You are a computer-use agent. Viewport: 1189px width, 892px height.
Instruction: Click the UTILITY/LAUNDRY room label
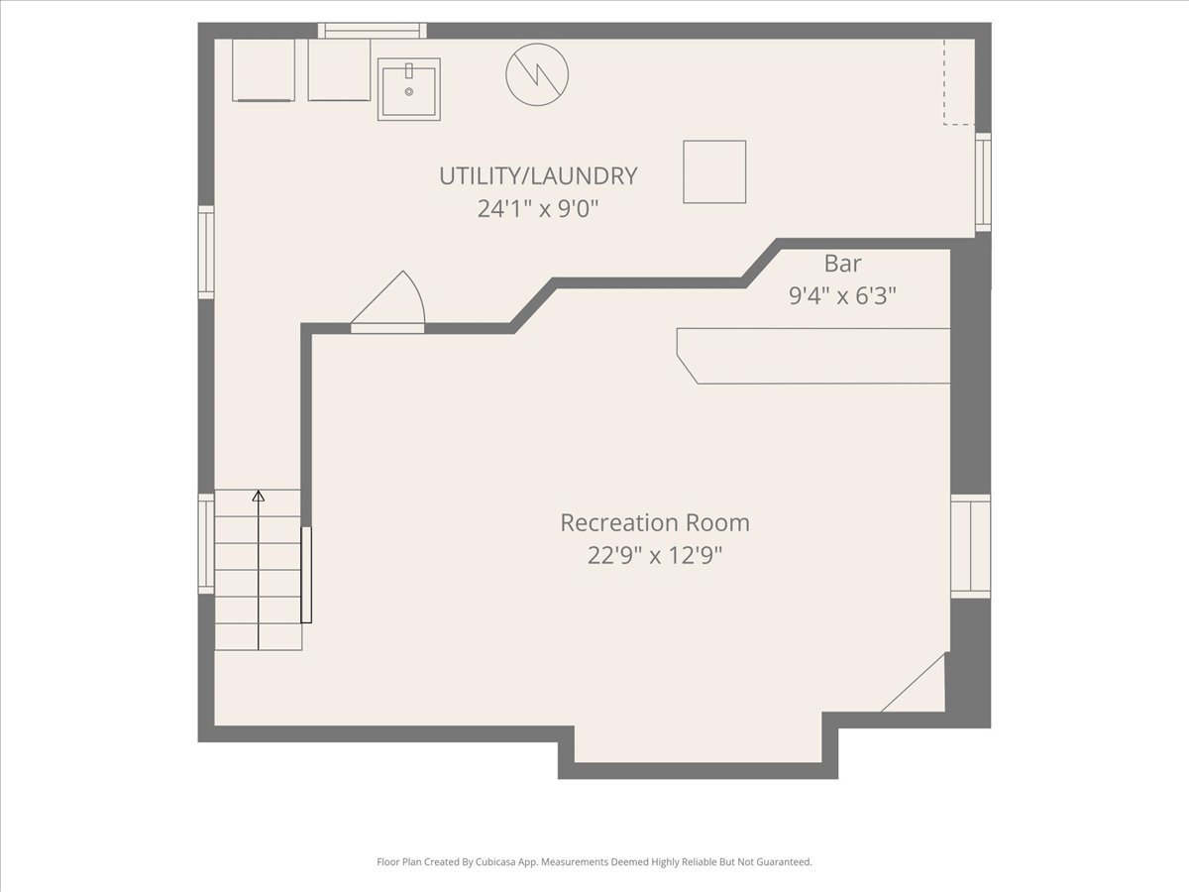click(x=538, y=176)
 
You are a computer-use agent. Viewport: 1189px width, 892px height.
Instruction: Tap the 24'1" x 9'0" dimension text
click(x=538, y=208)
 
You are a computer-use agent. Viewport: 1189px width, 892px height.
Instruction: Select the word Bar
click(x=842, y=264)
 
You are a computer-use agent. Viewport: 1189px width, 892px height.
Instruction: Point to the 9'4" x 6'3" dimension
click(x=842, y=295)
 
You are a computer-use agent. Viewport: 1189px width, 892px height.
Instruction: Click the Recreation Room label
click(x=655, y=522)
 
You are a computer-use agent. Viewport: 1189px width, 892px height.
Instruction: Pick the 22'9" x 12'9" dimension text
click(x=655, y=555)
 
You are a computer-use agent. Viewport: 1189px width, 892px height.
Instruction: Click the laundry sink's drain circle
click(x=409, y=92)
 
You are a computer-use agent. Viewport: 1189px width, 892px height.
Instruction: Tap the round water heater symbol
click(x=537, y=74)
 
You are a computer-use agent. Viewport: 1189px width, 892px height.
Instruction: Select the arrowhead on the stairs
click(x=259, y=496)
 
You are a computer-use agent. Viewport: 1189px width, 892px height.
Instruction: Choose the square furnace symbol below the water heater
click(x=714, y=172)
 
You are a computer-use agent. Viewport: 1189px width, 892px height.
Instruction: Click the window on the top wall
click(x=373, y=31)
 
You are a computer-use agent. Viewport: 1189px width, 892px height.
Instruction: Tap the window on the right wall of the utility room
click(x=983, y=182)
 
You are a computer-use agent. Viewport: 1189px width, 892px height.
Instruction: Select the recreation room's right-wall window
click(x=971, y=546)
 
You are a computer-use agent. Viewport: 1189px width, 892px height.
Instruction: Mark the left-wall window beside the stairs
click(x=206, y=543)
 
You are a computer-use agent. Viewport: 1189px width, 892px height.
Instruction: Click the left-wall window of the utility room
click(x=206, y=252)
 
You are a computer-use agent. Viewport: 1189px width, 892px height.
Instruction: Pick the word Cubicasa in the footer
click(x=494, y=861)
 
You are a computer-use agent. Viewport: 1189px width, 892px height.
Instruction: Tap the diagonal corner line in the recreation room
click(x=914, y=682)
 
